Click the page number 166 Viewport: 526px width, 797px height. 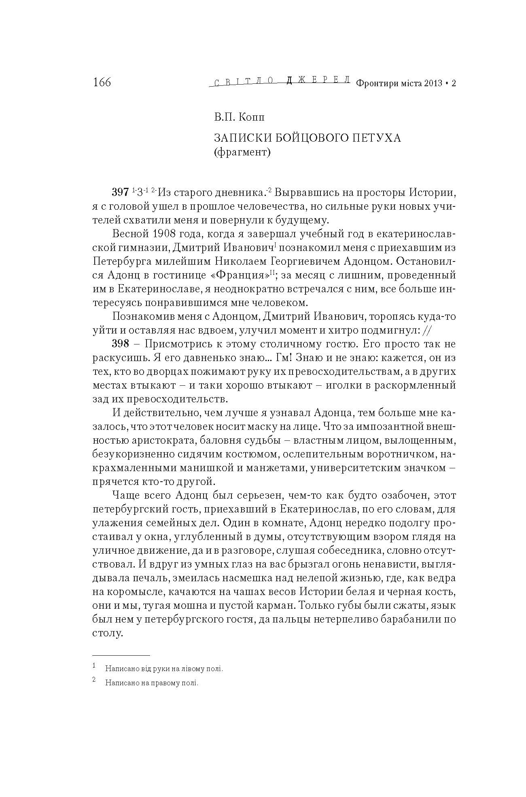pyautogui.click(x=102, y=82)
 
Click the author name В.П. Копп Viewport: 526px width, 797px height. pyautogui.click(x=239, y=117)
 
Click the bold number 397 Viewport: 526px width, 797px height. pyautogui.click(x=120, y=192)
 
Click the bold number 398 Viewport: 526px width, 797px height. pyautogui.click(x=120, y=344)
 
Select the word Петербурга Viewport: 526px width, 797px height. pyautogui.click(x=123, y=261)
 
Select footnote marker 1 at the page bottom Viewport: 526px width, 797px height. pyautogui.click(x=94, y=665)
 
